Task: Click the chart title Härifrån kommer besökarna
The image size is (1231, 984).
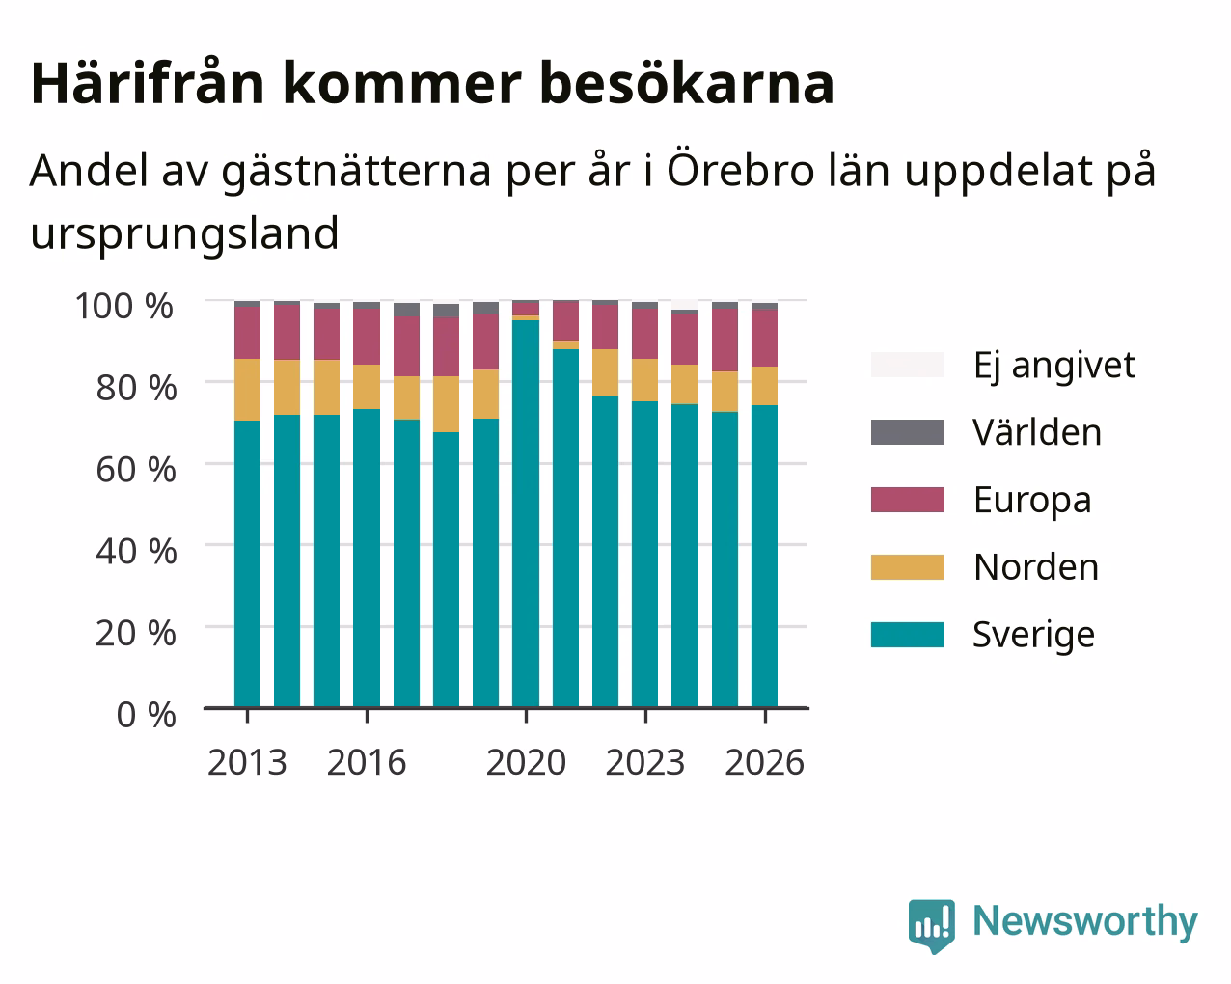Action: (432, 83)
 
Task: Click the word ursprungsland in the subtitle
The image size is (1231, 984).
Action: (185, 234)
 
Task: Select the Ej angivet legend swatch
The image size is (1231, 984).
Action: (907, 365)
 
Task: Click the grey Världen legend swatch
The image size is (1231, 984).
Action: (907, 432)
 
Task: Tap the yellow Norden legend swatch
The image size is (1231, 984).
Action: (907, 567)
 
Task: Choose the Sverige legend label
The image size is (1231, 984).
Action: (1033, 636)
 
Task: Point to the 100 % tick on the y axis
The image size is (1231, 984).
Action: (124, 306)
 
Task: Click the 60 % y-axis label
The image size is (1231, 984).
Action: (136, 470)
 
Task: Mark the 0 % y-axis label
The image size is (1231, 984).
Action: (146, 715)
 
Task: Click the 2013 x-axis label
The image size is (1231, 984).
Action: (247, 762)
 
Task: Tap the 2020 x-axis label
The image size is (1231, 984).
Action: (527, 762)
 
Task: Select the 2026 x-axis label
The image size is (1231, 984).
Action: (765, 762)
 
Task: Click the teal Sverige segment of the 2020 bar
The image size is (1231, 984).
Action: (526, 514)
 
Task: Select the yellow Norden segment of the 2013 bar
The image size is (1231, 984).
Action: (247, 390)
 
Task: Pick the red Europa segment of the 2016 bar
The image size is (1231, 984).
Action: (367, 337)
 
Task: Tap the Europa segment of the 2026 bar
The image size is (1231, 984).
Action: (764, 338)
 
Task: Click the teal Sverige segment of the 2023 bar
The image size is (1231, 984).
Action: (644, 555)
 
